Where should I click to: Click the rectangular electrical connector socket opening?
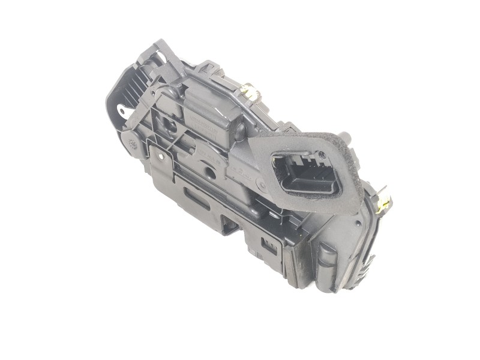305,174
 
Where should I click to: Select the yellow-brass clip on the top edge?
250,94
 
